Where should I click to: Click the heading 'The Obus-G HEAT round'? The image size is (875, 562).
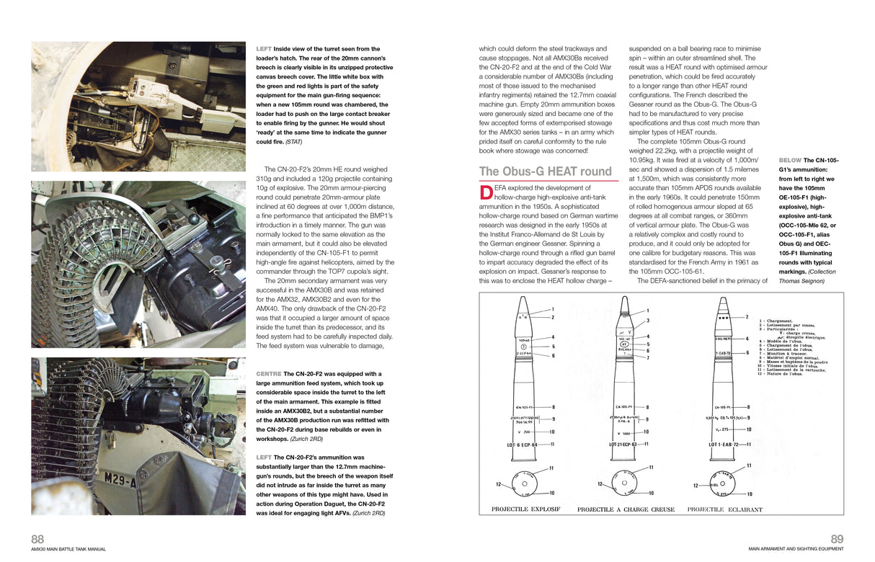[x=545, y=171]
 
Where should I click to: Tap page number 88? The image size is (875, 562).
[x=37, y=539]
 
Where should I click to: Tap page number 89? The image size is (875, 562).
[x=837, y=539]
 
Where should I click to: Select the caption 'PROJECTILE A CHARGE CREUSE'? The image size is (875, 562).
[x=626, y=509]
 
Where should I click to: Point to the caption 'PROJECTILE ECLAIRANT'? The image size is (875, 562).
[x=724, y=509]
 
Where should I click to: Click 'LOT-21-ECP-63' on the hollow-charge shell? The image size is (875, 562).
[x=625, y=445]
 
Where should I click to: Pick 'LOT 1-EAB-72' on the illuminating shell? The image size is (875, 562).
[x=724, y=445]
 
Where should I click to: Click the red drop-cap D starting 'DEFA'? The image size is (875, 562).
[x=485, y=191]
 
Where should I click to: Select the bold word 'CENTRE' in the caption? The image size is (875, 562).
[x=268, y=374]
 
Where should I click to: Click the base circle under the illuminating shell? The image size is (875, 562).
[x=724, y=483]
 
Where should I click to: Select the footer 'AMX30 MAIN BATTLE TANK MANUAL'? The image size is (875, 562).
[x=68, y=549]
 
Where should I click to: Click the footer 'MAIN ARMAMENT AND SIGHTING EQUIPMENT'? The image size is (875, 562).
[x=795, y=549]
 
